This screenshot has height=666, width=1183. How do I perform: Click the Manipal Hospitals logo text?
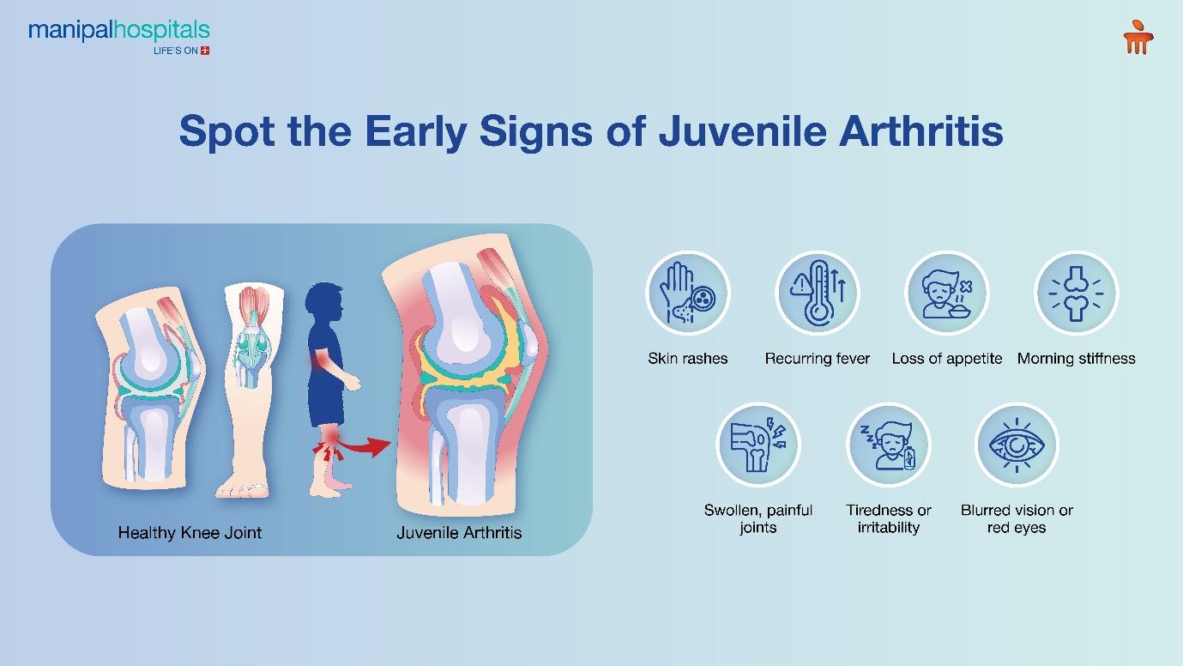pos(119,31)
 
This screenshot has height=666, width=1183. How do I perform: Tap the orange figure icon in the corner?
pos(1138,37)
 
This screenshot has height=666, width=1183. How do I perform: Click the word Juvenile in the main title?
pos(743,131)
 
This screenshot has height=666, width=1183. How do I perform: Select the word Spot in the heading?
pos(227,132)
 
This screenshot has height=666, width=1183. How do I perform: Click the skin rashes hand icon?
pos(688,294)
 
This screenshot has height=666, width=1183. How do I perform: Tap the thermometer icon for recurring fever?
pos(817,294)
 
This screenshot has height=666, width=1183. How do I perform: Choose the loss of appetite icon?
pos(946,294)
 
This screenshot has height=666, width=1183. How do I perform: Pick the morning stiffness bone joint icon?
pos(1076,294)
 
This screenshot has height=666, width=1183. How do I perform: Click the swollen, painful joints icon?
pos(757,445)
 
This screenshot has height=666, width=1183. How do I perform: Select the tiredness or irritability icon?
pos(888,445)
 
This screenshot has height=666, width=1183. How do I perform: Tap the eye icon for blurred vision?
pos(1017,445)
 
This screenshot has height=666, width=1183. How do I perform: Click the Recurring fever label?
pos(817,359)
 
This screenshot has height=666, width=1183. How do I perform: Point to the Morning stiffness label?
pos(1076,359)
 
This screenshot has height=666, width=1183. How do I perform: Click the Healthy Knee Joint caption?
pos(190,532)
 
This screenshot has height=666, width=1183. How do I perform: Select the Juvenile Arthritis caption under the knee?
pos(459,532)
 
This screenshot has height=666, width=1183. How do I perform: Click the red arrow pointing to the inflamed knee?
pos(365,448)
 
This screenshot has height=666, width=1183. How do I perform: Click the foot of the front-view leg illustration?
pos(243,488)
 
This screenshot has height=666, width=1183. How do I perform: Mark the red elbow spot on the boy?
pos(322,362)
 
